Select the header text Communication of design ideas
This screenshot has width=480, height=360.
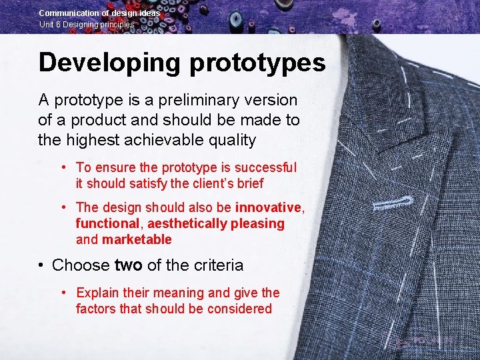tap(99, 13)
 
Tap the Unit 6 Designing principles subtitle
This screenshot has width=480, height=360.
tap(86, 25)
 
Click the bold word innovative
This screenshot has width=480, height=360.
tap(269, 208)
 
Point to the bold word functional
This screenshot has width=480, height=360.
tap(107, 224)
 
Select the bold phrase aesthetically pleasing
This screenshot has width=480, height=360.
tap(216, 224)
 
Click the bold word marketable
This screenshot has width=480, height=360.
tap(137, 240)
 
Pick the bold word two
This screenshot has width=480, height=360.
tap(129, 265)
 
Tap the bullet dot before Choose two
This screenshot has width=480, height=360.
tap(41, 265)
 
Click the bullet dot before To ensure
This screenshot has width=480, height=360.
tap(63, 167)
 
